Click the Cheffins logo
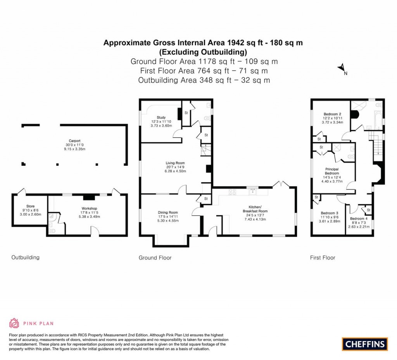coord(364,344)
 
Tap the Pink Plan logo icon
coord(14,323)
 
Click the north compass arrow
coord(342,68)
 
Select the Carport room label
coord(74,141)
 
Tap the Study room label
coord(161,118)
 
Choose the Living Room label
coord(176,163)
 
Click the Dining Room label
coord(167,212)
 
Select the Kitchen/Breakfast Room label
coord(258,207)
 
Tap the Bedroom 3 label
coord(329,213)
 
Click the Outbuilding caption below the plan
coord(25,257)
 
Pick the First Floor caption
coord(323,258)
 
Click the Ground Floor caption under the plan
coord(155,258)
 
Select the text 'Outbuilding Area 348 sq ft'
coord(184,80)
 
